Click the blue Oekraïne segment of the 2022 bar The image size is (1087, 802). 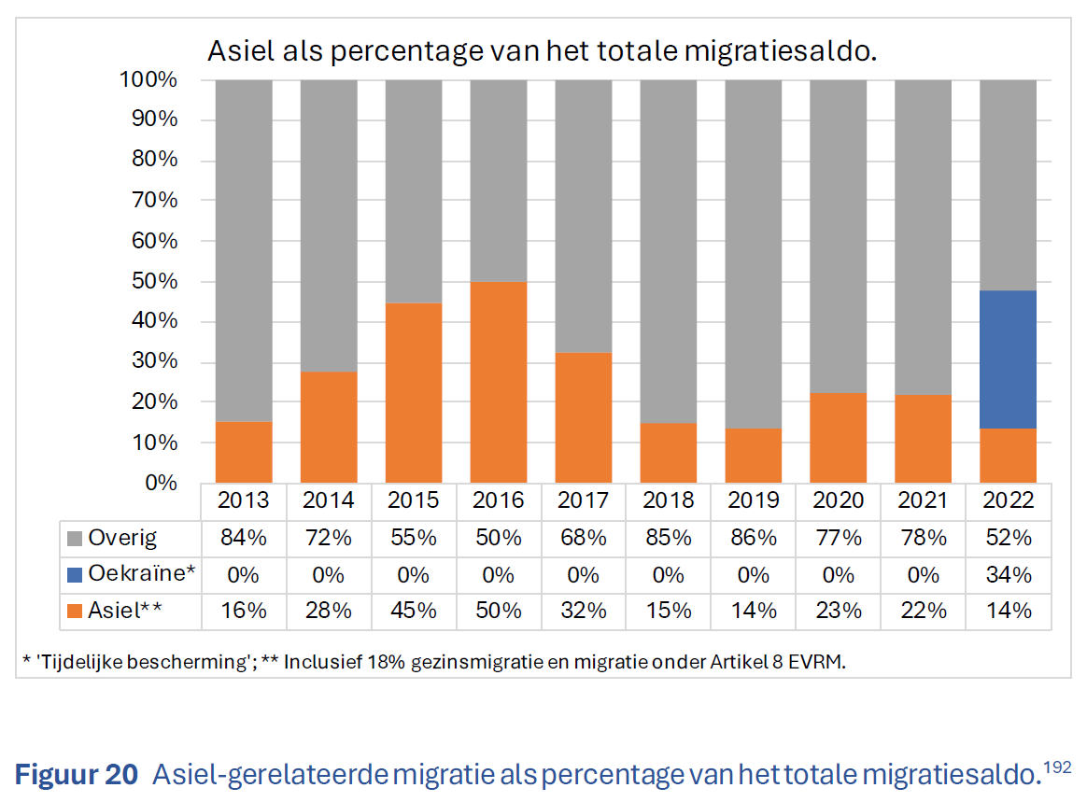click(x=1008, y=359)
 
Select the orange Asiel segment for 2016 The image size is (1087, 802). click(x=498, y=382)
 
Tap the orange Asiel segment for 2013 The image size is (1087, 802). click(x=243, y=452)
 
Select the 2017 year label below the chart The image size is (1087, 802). click(x=583, y=500)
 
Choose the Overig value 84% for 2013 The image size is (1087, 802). click(x=243, y=538)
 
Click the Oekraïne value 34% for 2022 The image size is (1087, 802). click(x=1008, y=574)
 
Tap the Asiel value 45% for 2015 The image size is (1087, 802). click(x=413, y=611)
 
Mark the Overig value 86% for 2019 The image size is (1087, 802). click(x=753, y=538)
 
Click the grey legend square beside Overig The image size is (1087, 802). click(x=76, y=539)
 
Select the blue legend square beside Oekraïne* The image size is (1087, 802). click(x=76, y=575)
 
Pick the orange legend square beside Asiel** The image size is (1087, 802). click(x=76, y=612)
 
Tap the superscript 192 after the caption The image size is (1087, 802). click(x=1058, y=767)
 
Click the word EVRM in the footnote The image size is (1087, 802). click(x=822, y=662)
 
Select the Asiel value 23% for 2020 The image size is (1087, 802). click(x=838, y=611)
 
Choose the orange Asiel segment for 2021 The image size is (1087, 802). click(x=923, y=439)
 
